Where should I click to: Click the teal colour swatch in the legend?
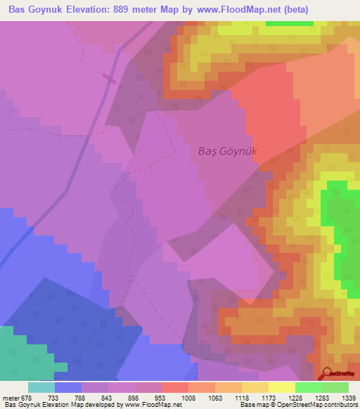coord(41,387)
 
